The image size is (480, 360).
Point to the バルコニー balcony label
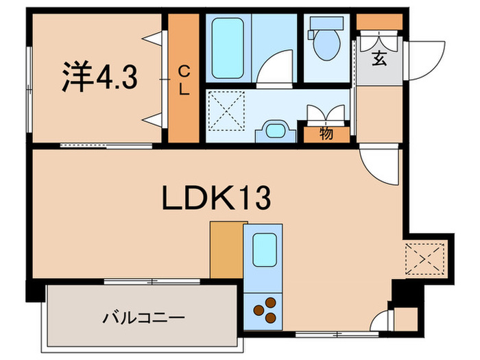click(x=143, y=318)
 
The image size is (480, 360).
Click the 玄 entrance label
click(x=379, y=58)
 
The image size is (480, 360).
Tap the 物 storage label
click(x=326, y=133)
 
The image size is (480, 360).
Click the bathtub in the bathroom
click(x=229, y=49)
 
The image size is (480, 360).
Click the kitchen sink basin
click(x=265, y=251)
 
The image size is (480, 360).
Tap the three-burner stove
click(x=267, y=307)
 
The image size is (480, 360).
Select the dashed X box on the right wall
click(x=424, y=259)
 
